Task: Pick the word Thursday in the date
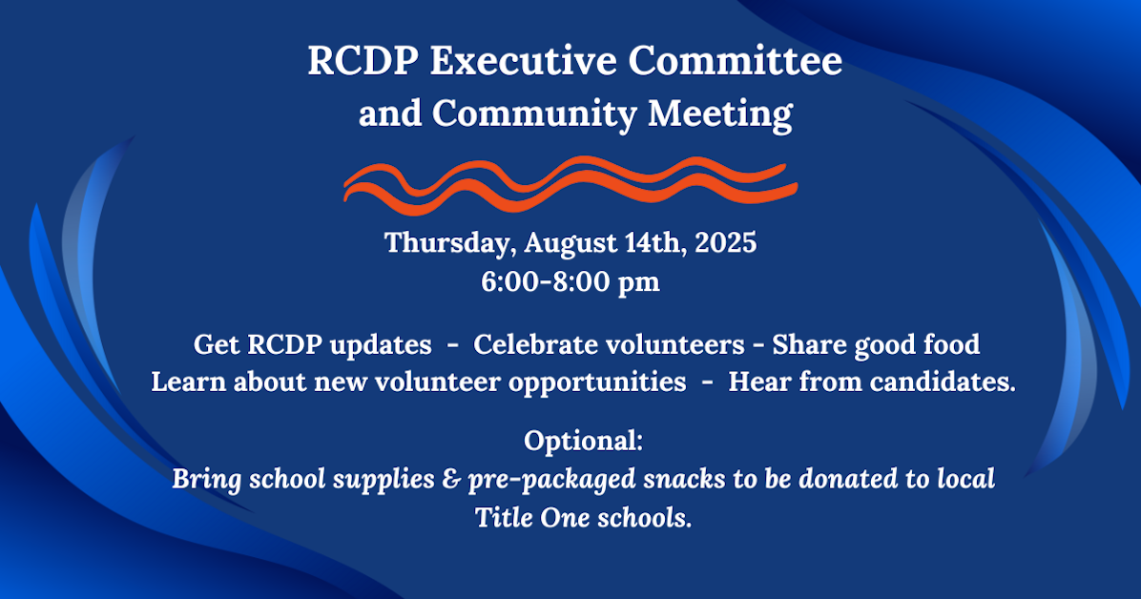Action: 451,243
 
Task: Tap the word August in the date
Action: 571,243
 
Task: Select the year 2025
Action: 726,242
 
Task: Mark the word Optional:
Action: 584,441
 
